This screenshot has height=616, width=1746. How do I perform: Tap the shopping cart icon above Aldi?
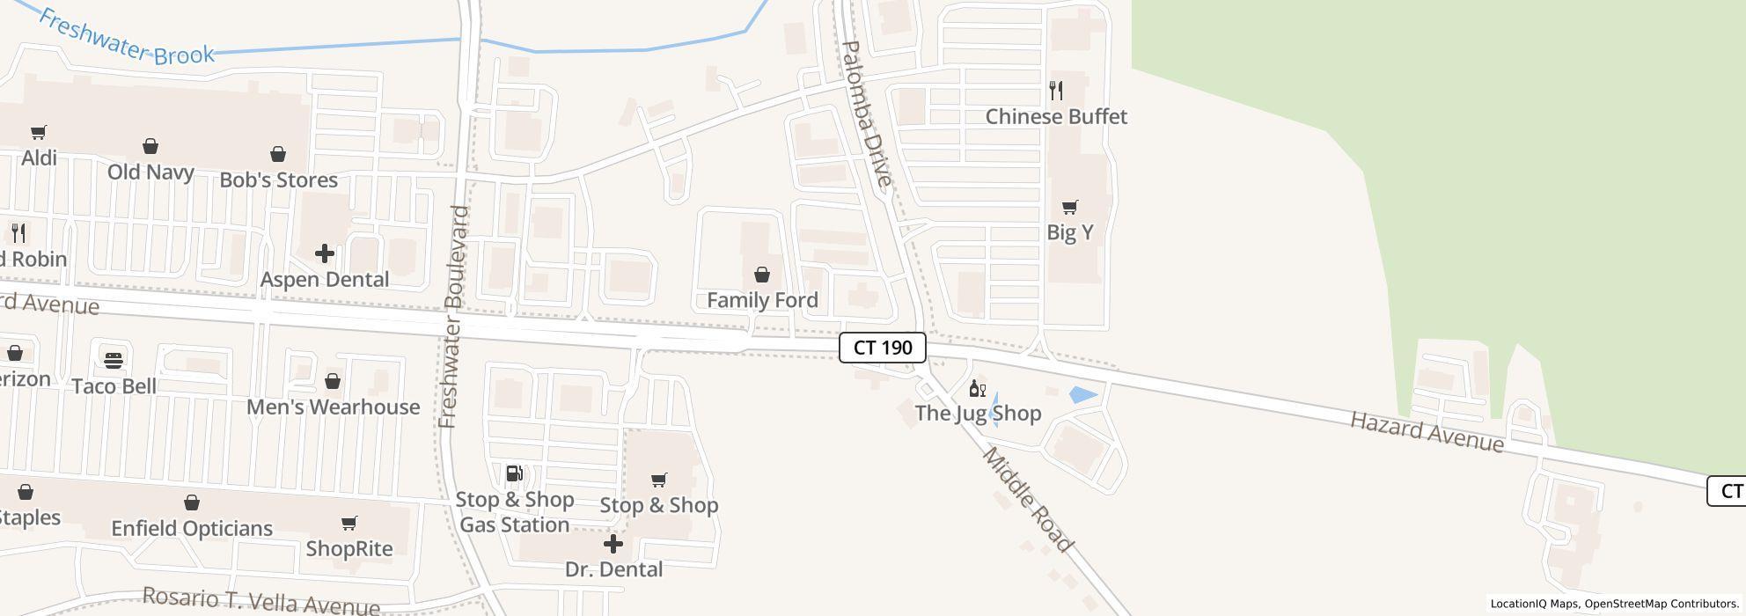click(39, 133)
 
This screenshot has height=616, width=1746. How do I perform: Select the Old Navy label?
click(150, 172)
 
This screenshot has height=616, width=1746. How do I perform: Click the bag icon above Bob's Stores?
click(278, 155)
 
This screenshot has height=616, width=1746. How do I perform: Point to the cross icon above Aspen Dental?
click(324, 253)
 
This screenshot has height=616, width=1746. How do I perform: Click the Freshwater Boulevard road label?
click(453, 317)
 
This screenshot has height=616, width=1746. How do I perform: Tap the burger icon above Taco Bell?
click(114, 360)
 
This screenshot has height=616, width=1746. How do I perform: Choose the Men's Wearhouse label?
click(333, 407)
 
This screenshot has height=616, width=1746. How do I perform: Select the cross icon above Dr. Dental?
click(613, 544)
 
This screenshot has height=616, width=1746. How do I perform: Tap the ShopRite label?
click(349, 548)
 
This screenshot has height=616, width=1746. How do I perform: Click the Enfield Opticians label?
click(192, 528)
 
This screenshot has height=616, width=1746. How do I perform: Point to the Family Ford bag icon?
click(762, 275)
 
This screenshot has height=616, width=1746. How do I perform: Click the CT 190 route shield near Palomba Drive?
click(882, 348)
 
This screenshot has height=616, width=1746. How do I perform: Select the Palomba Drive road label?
click(867, 114)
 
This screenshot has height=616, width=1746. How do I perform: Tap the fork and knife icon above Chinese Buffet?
click(1056, 90)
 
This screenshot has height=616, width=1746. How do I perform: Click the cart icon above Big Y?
click(1070, 208)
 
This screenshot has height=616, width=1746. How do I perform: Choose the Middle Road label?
click(1028, 500)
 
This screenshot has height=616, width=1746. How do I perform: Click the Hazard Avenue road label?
click(1427, 432)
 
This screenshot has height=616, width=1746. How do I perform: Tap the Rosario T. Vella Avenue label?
click(261, 601)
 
